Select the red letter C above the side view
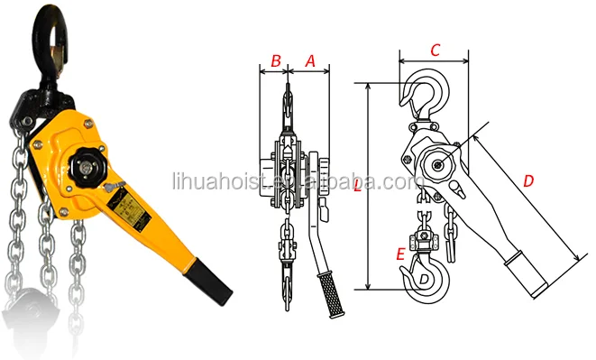pyautogui.click(x=435, y=51)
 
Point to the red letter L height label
pyautogui.click(x=358, y=188)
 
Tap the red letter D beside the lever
pyautogui.click(x=528, y=181)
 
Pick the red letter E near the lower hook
pyautogui.click(x=399, y=254)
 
